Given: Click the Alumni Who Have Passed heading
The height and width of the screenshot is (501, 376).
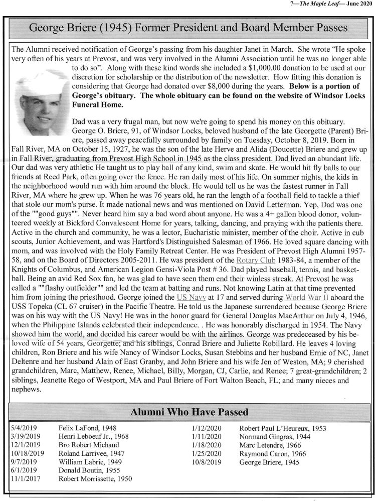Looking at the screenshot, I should [x=189, y=413].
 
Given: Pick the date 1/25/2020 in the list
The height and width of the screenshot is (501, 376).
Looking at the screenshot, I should [x=206, y=453].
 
